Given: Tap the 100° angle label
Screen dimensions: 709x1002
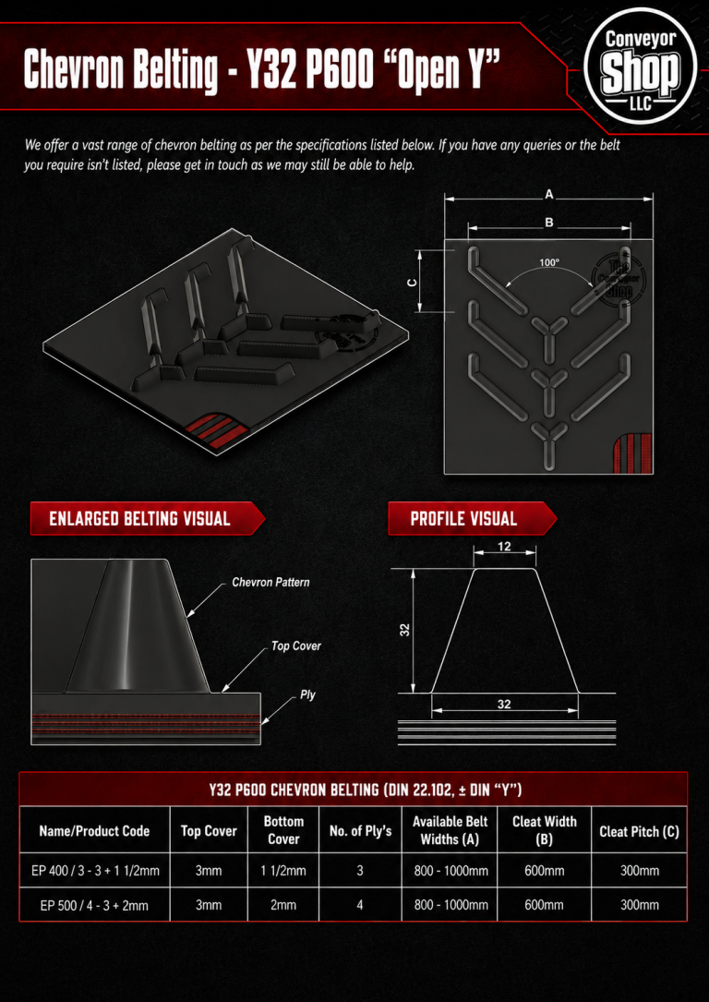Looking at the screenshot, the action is (x=548, y=262).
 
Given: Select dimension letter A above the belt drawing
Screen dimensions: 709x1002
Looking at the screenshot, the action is (x=548, y=195).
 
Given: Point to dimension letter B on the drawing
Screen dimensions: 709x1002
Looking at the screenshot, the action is (x=548, y=223).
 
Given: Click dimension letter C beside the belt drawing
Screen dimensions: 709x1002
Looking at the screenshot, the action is (x=413, y=282).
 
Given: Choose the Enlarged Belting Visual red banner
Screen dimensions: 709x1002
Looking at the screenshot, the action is (x=148, y=518).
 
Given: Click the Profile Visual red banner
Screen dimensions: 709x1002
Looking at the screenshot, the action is (x=472, y=518).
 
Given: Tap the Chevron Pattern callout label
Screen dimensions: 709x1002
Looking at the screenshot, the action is (x=270, y=582).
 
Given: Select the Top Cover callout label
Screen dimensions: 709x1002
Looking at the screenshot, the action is (x=295, y=646).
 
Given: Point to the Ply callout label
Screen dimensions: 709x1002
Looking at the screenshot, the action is (x=307, y=694).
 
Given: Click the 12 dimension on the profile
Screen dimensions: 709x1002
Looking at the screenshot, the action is (x=505, y=547).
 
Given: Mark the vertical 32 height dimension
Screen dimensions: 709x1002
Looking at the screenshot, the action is (x=405, y=630).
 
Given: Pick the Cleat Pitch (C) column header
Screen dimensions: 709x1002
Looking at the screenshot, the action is (x=639, y=831).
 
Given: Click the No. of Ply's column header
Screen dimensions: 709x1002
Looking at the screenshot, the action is (x=360, y=831).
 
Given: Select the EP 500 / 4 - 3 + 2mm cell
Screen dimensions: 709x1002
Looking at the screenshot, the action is (x=94, y=905).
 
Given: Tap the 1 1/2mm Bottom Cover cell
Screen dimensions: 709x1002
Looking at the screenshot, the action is (x=283, y=870).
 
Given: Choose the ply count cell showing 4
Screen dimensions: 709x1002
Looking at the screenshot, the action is (x=360, y=905).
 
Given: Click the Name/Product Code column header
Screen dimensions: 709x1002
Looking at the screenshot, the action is (x=94, y=831).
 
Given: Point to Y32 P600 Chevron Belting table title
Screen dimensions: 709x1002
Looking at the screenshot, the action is (x=366, y=791).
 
